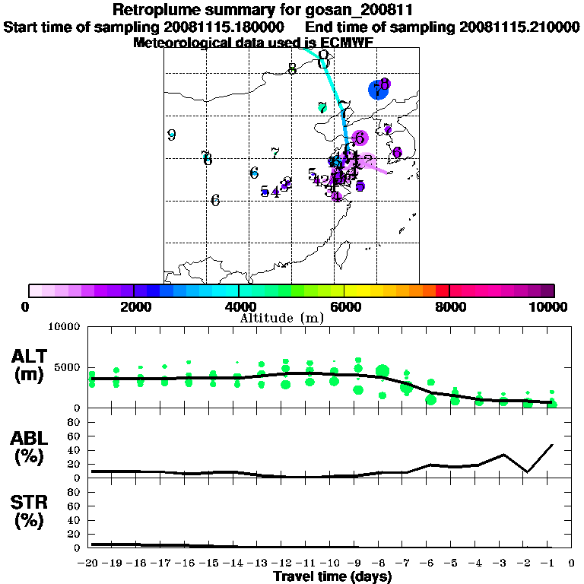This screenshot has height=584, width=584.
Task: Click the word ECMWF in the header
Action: click(x=346, y=43)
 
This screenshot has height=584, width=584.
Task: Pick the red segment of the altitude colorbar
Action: click(x=442, y=290)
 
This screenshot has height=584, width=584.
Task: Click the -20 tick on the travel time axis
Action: click(x=91, y=563)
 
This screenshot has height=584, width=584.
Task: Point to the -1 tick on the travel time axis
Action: click(x=552, y=563)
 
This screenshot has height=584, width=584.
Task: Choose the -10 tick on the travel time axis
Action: click(x=333, y=563)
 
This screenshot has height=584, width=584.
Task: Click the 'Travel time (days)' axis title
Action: click(x=332, y=577)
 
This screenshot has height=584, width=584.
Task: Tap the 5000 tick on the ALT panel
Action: click(x=69, y=367)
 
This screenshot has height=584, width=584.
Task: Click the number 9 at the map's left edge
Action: click(x=172, y=135)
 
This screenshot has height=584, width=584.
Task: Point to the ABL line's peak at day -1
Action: click(x=552, y=444)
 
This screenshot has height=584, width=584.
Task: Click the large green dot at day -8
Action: click(x=382, y=372)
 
